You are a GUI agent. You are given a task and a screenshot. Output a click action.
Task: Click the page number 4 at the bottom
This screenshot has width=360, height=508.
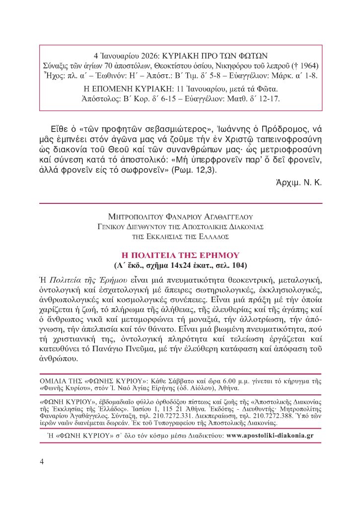tap(42, 461)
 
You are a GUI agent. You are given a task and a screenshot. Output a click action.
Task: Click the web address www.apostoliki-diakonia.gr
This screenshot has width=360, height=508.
tap(270, 436)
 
